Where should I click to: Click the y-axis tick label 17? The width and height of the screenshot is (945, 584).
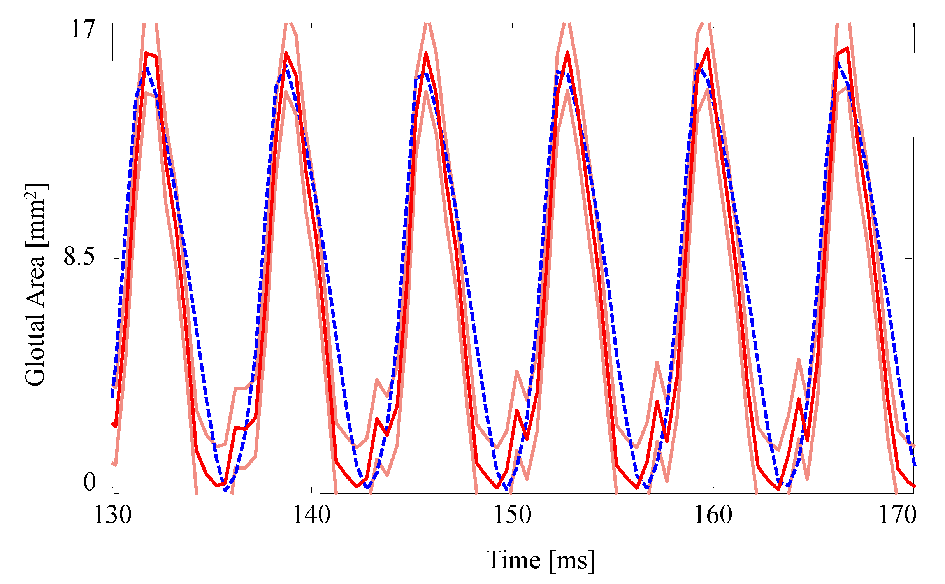click(83, 29)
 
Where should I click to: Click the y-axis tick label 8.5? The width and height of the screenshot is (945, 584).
click(79, 257)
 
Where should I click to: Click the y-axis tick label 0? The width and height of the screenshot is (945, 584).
click(90, 482)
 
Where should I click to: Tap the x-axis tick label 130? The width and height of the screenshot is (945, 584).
click(113, 515)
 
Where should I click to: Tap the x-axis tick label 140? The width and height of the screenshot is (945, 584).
click(311, 515)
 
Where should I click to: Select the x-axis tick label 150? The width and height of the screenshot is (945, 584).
click(512, 515)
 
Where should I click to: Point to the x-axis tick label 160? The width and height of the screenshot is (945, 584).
click(713, 515)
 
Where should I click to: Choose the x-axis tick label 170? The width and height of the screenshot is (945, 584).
click(898, 515)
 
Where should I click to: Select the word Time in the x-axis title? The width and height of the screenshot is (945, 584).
click(513, 560)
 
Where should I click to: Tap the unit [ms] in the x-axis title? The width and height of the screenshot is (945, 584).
click(572, 560)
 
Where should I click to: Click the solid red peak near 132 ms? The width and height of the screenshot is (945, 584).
click(146, 53)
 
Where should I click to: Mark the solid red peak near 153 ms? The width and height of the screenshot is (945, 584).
click(568, 52)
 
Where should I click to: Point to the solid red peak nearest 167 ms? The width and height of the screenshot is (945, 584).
click(847, 48)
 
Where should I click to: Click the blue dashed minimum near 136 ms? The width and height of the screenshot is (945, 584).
click(225, 491)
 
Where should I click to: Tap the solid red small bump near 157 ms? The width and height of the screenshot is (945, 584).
click(657, 402)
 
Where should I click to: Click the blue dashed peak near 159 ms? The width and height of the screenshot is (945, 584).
click(697, 64)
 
